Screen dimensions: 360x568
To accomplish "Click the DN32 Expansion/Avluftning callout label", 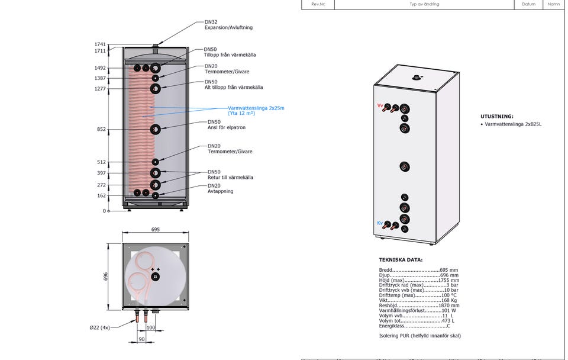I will click(x=228, y=25).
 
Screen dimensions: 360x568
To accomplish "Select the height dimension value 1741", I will click(x=99, y=44).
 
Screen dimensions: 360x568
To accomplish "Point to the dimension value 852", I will click(x=101, y=129).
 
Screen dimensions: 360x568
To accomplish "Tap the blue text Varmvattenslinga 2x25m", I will click(x=256, y=108).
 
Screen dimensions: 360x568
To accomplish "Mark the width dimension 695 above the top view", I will click(x=156, y=229).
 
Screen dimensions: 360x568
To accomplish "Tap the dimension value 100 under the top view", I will click(x=150, y=327).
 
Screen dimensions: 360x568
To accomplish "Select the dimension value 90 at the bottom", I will click(x=141, y=339).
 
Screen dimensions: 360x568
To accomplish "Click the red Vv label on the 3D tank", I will click(x=380, y=105).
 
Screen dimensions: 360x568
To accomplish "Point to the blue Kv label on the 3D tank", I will click(x=380, y=223).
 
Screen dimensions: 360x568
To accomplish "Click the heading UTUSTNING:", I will click(x=497, y=117).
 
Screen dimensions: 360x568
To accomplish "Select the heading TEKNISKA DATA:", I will click(x=401, y=260).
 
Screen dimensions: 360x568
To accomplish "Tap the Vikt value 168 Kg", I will click(x=450, y=300).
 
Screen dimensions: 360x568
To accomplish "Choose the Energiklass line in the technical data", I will click(x=414, y=326).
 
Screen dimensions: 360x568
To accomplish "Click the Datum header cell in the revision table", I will click(x=528, y=4).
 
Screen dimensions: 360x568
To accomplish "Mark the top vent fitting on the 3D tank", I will click(x=418, y=77).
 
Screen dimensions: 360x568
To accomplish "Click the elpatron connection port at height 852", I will click(x=155, y=129).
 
